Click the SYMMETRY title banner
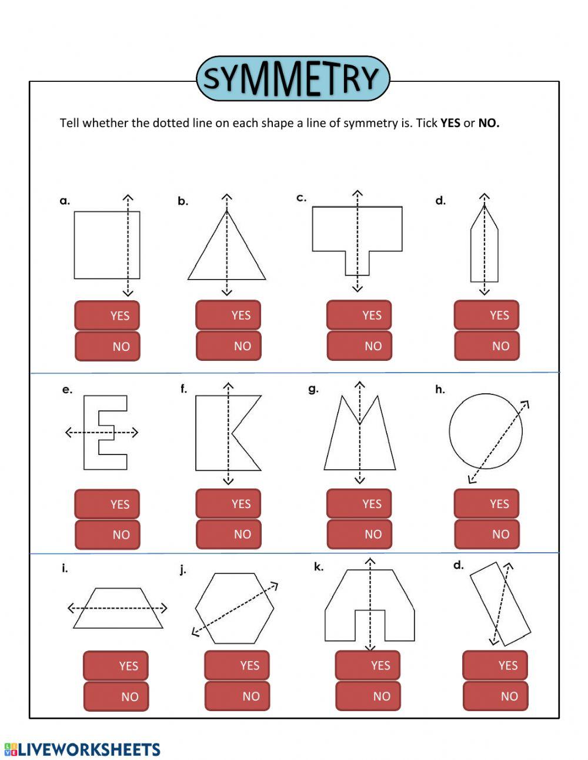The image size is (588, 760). (x=292, y=79)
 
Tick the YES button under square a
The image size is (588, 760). (x=107, y=316)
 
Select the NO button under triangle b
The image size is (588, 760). (x=228, y=346)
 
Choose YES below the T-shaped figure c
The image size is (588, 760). (x=359, y=316)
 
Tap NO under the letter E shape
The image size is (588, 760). (x=107, y=535)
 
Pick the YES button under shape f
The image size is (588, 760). (x=228, y=504)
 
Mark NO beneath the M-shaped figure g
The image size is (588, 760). (x=359, y=535)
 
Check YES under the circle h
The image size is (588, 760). (x=486, y=504)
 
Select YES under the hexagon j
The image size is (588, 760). (x=237, y=666)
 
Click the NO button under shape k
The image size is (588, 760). (x=367, y=696)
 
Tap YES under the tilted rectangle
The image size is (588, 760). (x=495, y=666)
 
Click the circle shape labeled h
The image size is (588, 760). (x=486, y=432)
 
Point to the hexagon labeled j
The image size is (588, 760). (x=235, y=608)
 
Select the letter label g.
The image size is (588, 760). (x=313, y=389)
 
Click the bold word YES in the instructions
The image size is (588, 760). (x=450, y=123)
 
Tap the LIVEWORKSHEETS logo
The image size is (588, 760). (x=82, y=749)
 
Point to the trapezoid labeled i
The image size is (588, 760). (x=118, y=608)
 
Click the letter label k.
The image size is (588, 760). (x=318, y=567)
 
